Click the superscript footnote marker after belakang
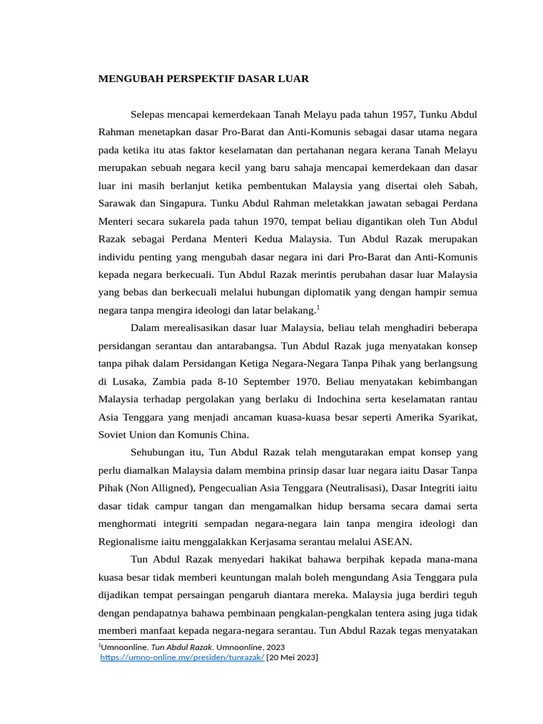(318, 307)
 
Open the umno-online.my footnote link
(182, 658)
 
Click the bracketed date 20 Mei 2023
(292, 658)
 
